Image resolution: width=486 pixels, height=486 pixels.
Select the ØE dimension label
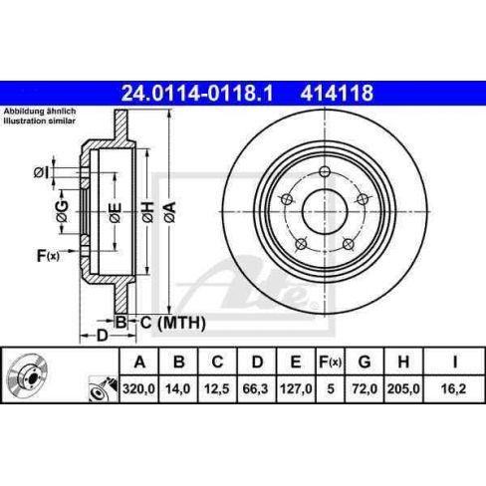pos(115,210)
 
